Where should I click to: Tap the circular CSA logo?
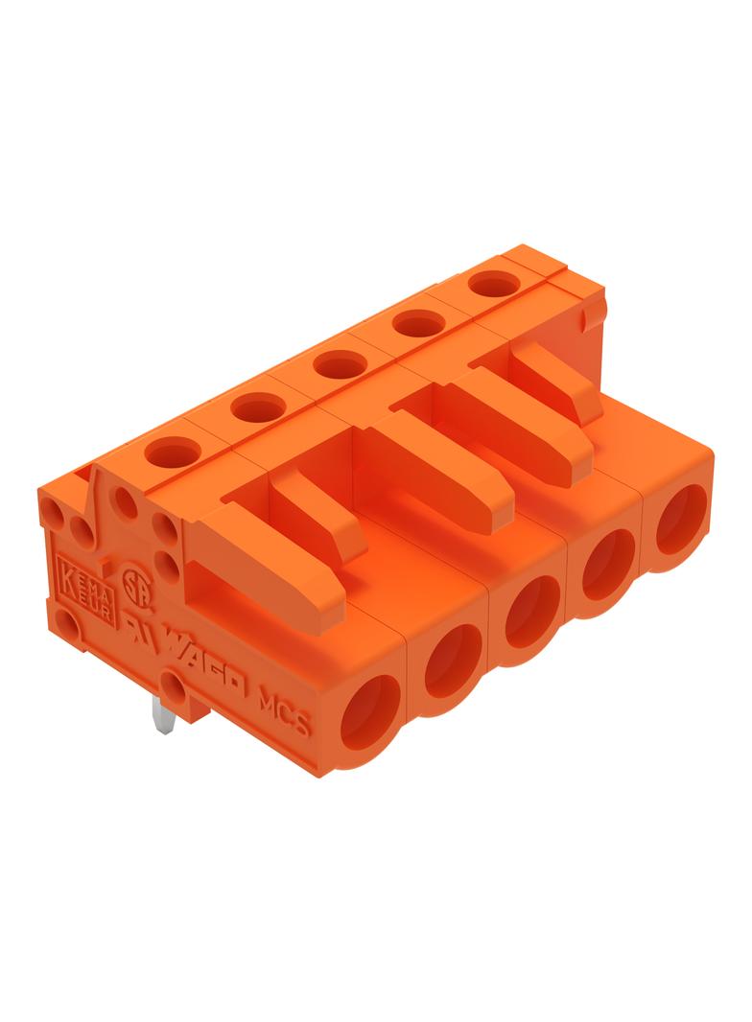132,584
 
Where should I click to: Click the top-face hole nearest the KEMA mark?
173,450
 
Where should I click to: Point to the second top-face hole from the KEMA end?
256,406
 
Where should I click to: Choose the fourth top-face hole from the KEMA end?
418,324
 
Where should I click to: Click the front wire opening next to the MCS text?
369,708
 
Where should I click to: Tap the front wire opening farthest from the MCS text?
681,519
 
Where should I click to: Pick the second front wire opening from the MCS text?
453,659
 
